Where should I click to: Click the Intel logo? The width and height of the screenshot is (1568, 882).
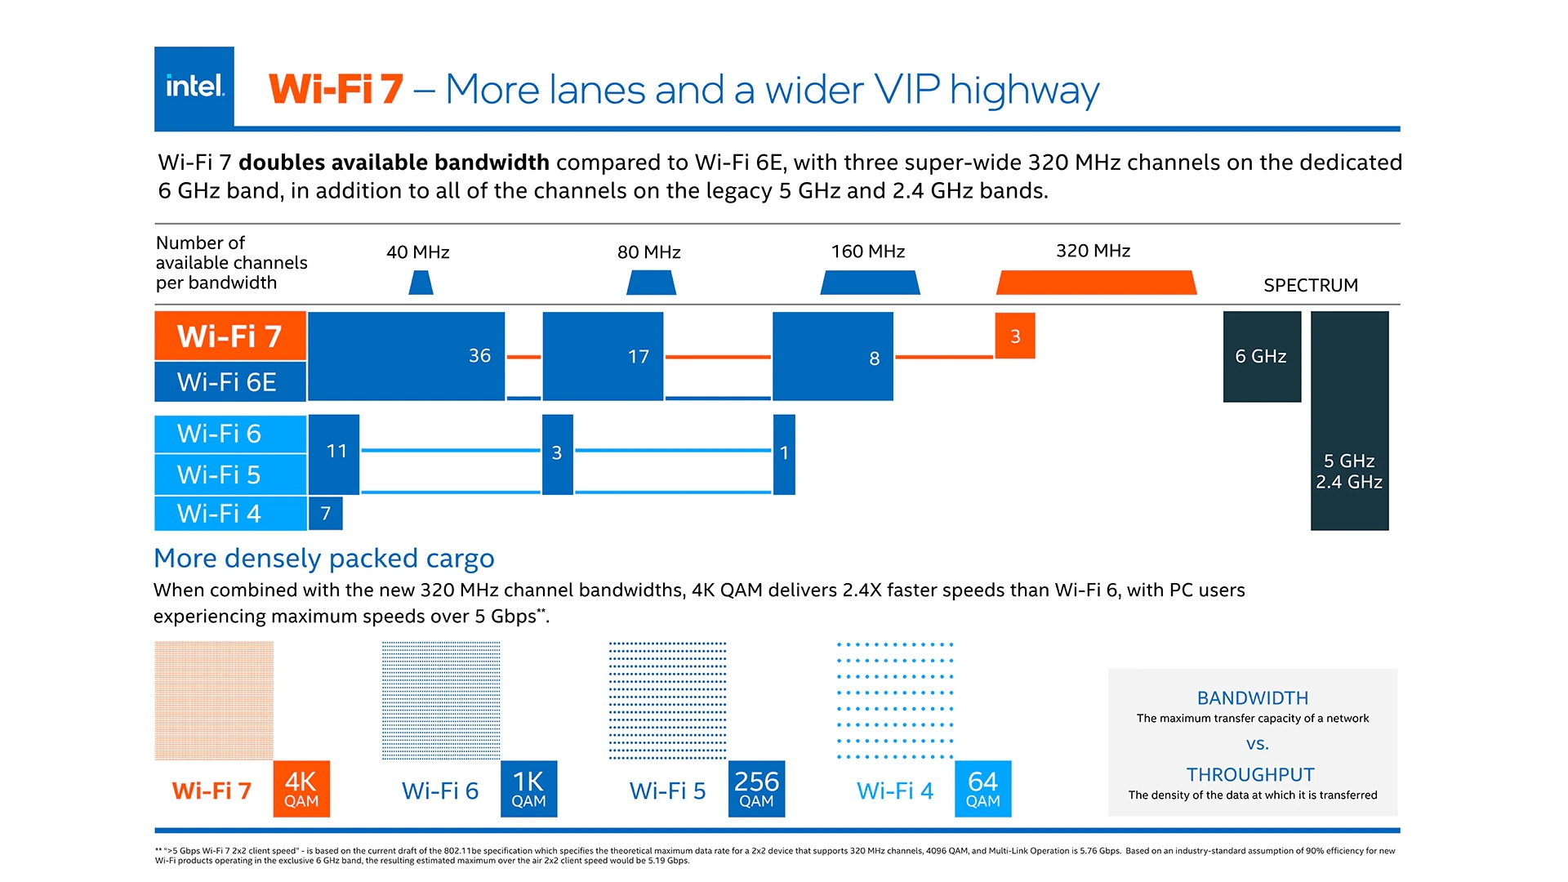194,87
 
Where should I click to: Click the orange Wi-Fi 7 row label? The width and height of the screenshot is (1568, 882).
229,336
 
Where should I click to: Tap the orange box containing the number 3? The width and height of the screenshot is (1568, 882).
1014,336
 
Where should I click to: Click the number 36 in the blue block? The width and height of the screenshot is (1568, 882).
479,355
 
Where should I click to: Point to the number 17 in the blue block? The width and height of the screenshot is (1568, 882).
638,356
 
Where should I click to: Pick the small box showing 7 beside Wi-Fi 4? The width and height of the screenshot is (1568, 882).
325,513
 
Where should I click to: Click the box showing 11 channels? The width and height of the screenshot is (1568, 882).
336,451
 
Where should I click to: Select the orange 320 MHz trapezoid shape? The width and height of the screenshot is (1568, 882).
1096,283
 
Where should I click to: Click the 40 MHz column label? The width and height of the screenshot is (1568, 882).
417,252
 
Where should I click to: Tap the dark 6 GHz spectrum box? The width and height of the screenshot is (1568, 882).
1261,356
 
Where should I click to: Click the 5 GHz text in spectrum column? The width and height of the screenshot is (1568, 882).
1348,461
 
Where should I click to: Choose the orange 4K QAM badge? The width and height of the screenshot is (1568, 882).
301,789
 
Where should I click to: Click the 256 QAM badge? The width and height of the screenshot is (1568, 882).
756,789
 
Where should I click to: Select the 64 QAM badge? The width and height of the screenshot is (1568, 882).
982,789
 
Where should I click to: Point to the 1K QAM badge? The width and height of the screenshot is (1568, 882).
528,789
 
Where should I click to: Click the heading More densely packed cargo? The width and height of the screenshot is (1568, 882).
323,558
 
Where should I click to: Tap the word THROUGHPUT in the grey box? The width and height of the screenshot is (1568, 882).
1250,774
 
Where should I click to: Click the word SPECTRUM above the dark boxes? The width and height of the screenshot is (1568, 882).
1310,285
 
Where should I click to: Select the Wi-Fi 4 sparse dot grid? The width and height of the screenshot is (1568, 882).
895,701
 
